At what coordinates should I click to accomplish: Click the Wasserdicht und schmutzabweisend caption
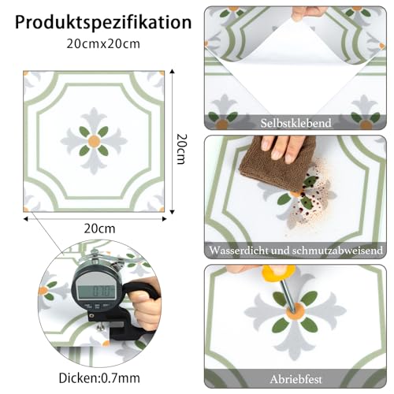[x=295, y=251]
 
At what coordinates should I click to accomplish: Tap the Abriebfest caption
[x=295, y=377]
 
